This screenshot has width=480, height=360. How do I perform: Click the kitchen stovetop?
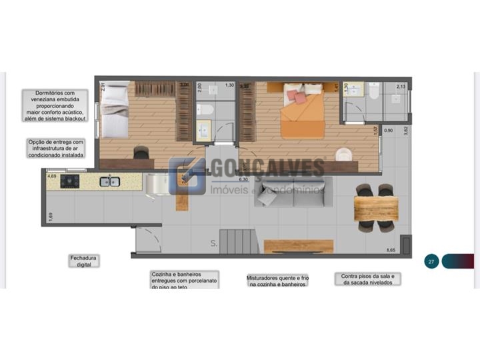coord(71,182)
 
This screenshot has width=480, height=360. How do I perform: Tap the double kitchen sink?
coord(109,181)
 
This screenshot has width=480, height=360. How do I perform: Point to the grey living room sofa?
coord(293,193)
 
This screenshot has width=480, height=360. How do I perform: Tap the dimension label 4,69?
coord(51,177)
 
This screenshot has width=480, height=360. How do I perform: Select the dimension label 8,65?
coord(391,250)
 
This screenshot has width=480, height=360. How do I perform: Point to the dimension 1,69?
coord(50,215)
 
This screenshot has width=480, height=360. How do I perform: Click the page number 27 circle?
coord(431,261)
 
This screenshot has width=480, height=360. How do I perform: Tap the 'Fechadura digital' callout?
coord(85,261)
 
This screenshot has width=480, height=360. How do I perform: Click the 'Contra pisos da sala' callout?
coord(368,279)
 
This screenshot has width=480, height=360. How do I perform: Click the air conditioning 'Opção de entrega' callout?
coord(56,148)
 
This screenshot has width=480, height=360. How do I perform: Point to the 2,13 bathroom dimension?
coord(401,86)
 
